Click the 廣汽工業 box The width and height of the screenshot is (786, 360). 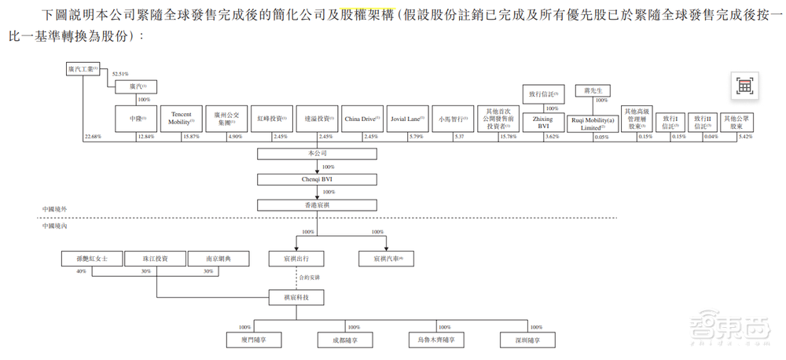click(83, 70)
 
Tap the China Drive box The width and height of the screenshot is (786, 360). click(362, 118)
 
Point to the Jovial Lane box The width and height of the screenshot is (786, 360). click(406, 118)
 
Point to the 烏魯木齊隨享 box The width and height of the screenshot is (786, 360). click(437, 340)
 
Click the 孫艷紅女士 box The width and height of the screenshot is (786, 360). click(92, 259)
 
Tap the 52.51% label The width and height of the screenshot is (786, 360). click(119, 75)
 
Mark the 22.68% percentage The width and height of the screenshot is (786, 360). click(92, 138)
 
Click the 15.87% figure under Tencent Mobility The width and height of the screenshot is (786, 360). click(190, 138)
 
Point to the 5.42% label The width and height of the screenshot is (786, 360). click(747, 138)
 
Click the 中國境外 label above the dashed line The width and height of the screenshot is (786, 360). click(56, 210)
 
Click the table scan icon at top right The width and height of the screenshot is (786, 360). click(744, 86)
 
